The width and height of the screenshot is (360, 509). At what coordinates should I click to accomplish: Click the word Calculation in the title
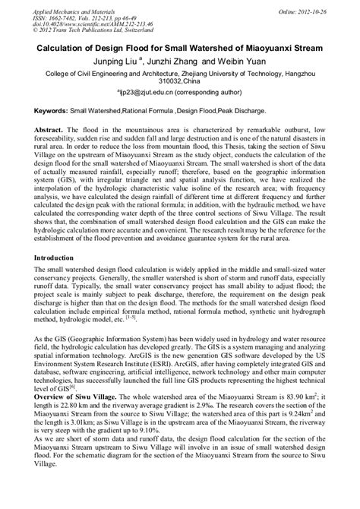tap(69, 46)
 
